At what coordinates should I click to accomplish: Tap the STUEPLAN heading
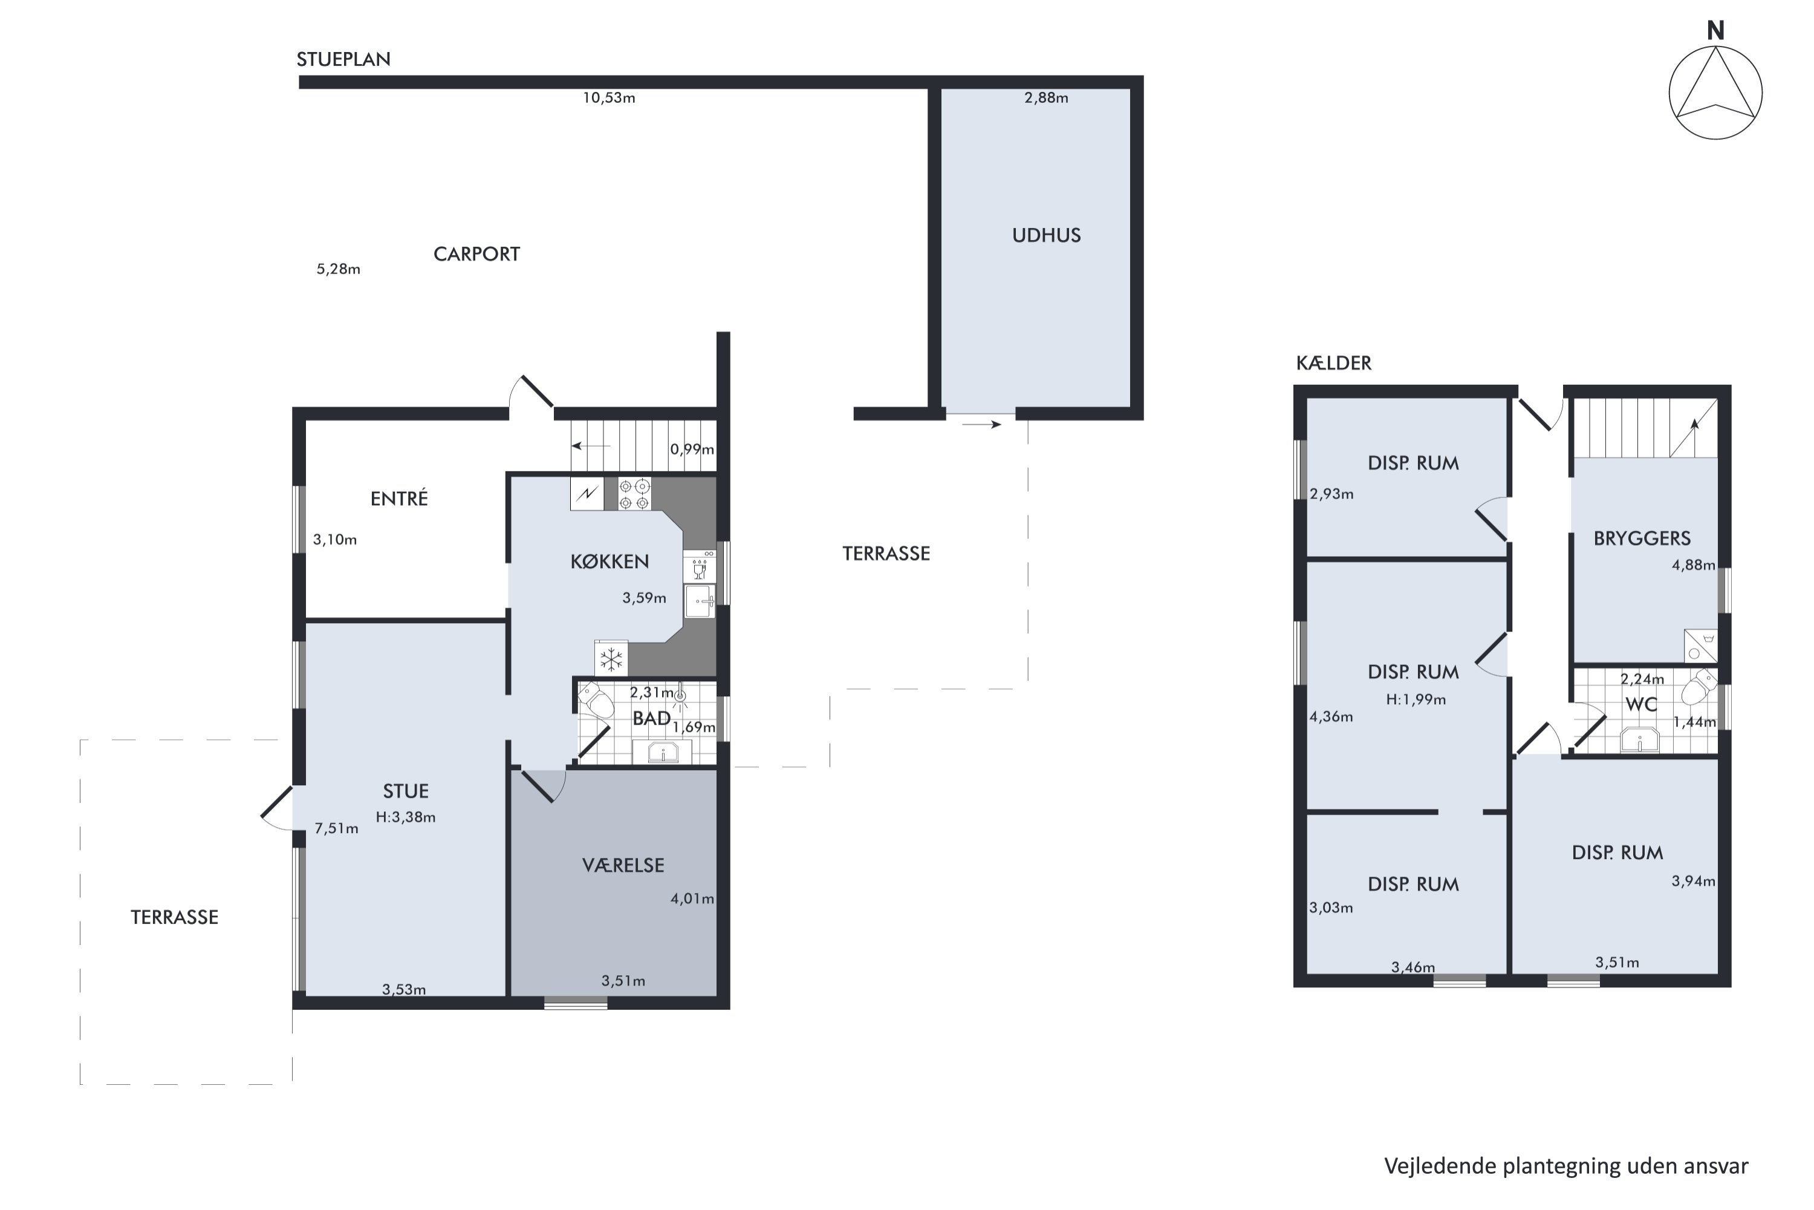pos(343,59)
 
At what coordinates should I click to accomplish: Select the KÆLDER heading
pos(1333,362)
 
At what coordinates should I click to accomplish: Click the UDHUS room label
pos(1046,235)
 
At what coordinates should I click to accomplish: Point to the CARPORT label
pos(476,254)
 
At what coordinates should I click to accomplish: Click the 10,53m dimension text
pos(608,98)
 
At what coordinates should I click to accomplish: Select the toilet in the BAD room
pos(596,701)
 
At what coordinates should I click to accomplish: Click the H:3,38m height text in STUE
pos(406,817)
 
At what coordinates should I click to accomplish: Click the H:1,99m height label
pos(1416,700)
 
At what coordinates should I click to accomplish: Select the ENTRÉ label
pos(398,499)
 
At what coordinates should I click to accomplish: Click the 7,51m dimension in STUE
pos(336,829)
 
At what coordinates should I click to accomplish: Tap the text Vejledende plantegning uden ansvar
pos(1565,1165)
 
